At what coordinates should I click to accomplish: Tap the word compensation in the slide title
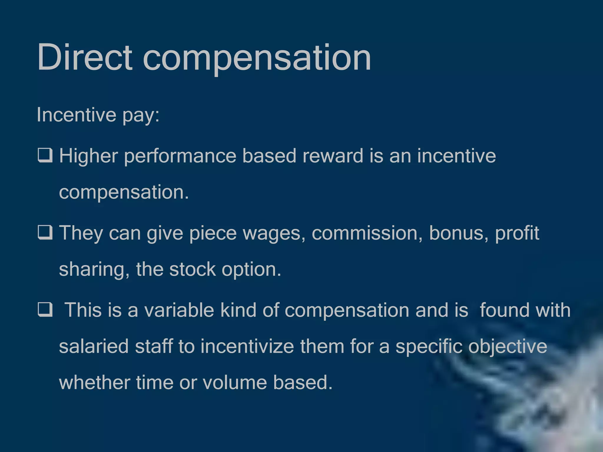click(x=257, y=58)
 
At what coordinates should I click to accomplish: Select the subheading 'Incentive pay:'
click(x=98, y=115)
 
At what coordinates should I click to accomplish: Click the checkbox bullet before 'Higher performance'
click(x=45, y=155)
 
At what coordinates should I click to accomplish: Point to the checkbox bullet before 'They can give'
click(x=45, y=232)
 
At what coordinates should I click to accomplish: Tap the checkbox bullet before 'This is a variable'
click(x=45, y=310)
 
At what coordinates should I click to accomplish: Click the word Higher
click(x=89, y=156)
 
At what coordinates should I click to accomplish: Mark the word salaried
click(x=94, y=346)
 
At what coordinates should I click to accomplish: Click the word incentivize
click(x=247, y=346)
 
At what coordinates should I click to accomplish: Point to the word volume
click(x=235, y=382)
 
